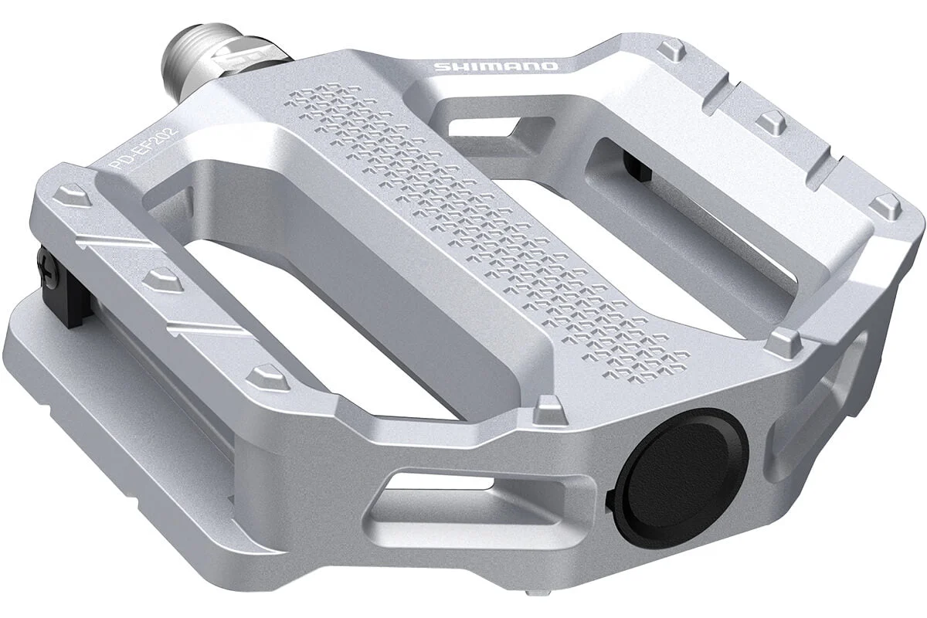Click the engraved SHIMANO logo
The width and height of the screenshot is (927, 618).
495,66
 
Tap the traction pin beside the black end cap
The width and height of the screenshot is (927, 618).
548,406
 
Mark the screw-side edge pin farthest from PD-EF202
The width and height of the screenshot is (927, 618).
266,376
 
